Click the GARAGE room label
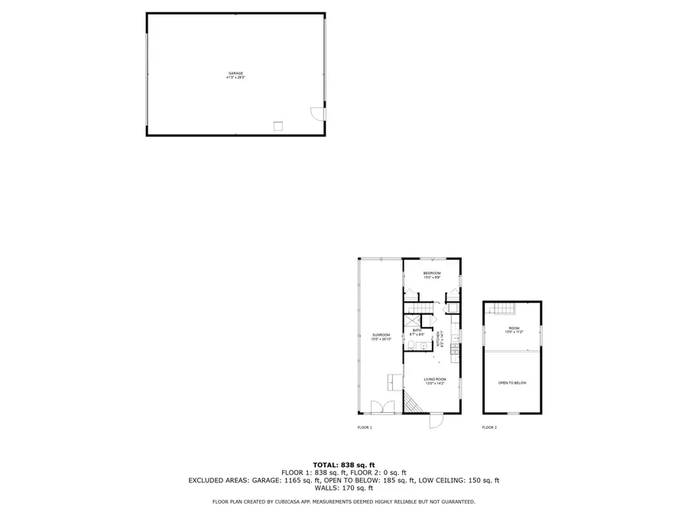point(235,74)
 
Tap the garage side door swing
point(316,113)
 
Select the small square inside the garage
point(279,125)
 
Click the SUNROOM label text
point(381,336)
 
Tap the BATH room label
point(417,332)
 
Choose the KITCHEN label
point(440,339)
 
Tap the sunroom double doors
point(381,407)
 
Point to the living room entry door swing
point(435,420)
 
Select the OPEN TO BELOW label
point(512,382)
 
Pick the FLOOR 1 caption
point(365,427)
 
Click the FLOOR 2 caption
point(489,427)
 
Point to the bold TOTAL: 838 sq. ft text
point(344,465)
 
